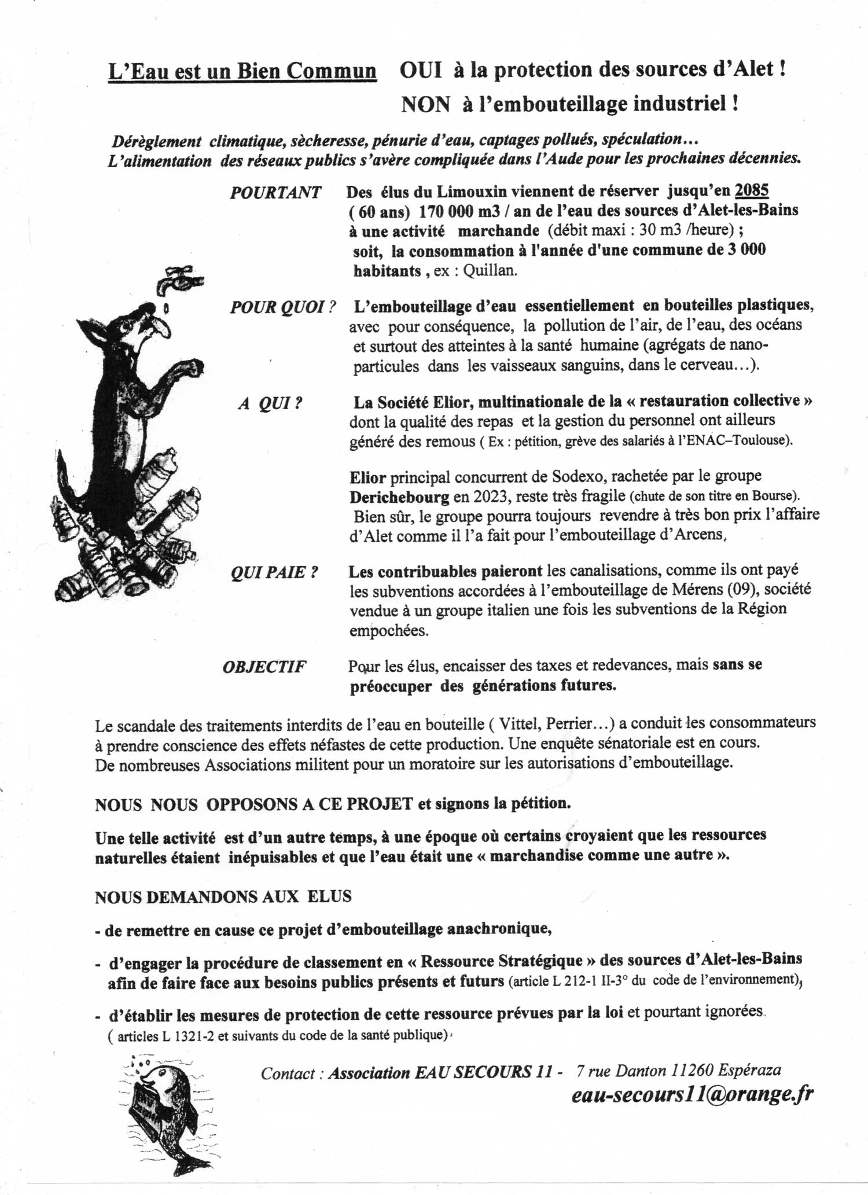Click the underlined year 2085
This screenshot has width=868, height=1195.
coord(751,190)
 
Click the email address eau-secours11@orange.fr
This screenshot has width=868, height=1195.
coord(692,1094)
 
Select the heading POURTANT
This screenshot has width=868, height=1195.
coord(275,193)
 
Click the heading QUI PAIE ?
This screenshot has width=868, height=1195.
coord(274,572)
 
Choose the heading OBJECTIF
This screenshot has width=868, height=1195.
coord(264,667)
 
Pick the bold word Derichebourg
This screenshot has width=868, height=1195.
coord(399,497)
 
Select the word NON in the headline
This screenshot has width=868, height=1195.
coord(425,104)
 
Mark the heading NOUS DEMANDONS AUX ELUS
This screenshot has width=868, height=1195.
coord(223,896)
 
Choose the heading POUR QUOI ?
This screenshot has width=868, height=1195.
coord(283,307)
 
